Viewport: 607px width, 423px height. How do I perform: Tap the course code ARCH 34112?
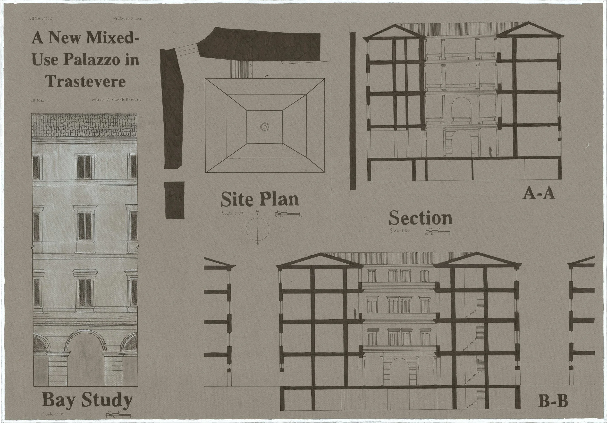(x=40, y=19)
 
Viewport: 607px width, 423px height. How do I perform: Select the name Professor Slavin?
(x=127, y=19)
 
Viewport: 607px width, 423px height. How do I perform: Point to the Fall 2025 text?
(x=36, y=100)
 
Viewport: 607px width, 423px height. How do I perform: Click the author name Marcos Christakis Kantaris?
(x=116, y=100)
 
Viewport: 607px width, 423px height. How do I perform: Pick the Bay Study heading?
(x=87, y=400)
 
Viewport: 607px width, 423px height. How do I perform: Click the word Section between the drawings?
(x=420, y=218)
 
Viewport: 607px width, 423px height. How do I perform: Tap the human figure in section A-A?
(x=490, y=152)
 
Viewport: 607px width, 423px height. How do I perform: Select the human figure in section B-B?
(x=355, y=314)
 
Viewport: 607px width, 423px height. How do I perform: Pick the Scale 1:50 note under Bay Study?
(x=53, y=414)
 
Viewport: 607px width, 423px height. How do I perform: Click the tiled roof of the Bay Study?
(x=84, y=125)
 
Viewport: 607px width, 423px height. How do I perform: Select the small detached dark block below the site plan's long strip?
(x=175, y=200)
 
